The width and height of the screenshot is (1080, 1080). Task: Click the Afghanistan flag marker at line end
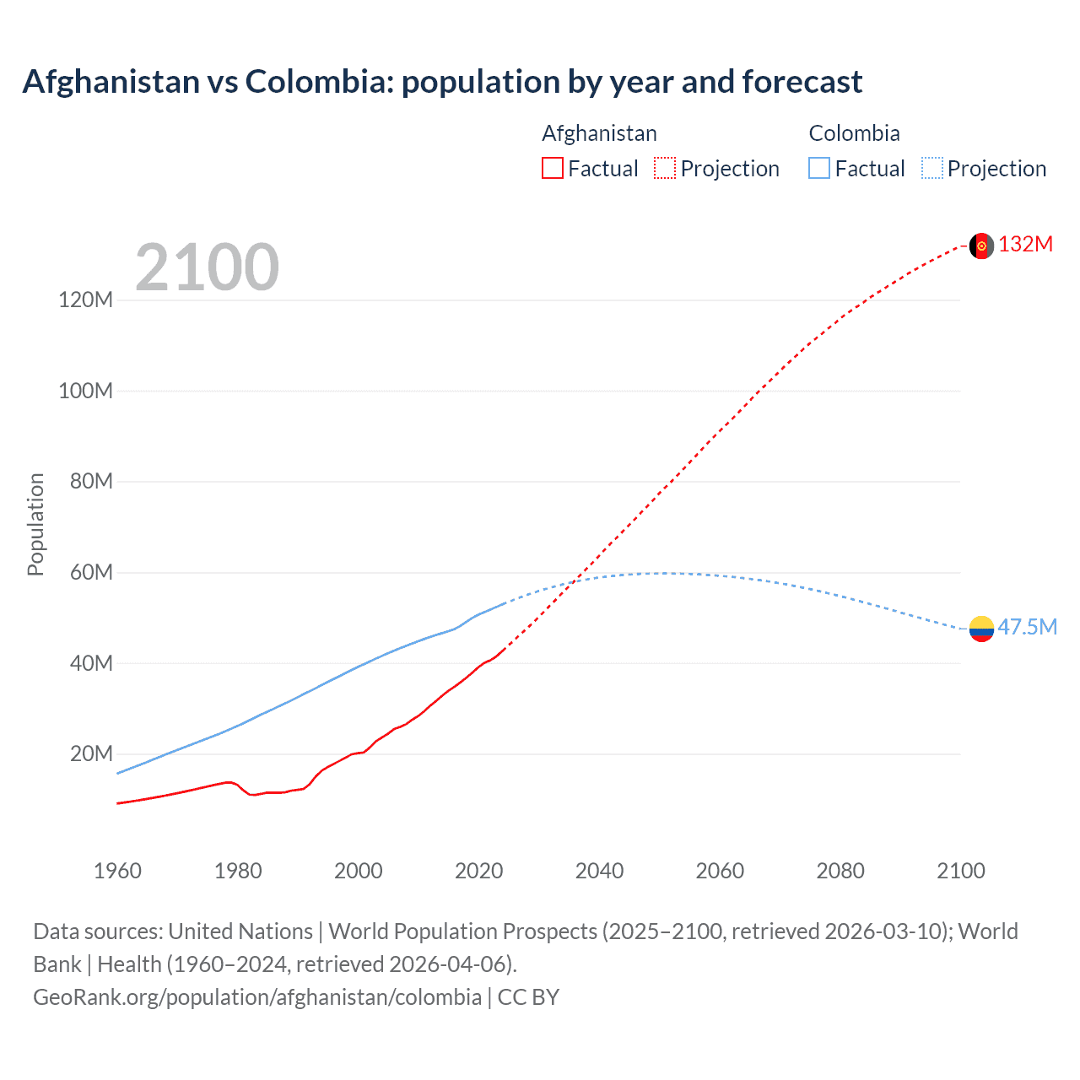pyautogui.click(x=981, y=246)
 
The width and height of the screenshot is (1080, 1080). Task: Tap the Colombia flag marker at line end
pyautogui.click(x=981, y=629)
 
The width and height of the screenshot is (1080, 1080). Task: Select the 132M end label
pyautogui.click(x=1025, y=245)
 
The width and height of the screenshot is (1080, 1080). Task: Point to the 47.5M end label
pyautogui.click(x=1027, y=627)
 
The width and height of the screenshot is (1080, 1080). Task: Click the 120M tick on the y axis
pyautogui.click(x=85, y=300)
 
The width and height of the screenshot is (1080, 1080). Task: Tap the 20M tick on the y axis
pyautogui.click(x=90, y=753)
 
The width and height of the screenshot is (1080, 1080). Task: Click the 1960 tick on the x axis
pyautogui.click(x=117, y=871)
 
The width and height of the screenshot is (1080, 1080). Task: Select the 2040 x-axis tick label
pyautogui.click(x=599, y=871)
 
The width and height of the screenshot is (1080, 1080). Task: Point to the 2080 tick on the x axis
pyautogui.click(x=840, y=871)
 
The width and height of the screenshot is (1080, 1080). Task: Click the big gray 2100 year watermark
pyautogui.click(x=207, y=267)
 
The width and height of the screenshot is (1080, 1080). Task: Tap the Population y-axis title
pyautogui.click(x=35, y=524)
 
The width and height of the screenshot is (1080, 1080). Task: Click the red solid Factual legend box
pyautogui.click(x=552, y=168)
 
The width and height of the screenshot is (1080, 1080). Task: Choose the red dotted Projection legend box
pyautogui.click(x=665, y=168)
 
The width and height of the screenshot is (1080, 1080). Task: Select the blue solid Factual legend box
pyautogui.click(x=819, y=168)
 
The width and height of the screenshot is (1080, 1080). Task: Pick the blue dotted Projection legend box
pyautogui.click(x=932, y=168)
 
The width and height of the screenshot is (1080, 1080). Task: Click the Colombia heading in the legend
pyautogui.click(x=854, y=133)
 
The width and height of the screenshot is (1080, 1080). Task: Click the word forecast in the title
pyautogui.click(x=802, y=82)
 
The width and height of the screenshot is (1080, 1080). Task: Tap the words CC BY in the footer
pyautogui.click(x=528, y=997)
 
